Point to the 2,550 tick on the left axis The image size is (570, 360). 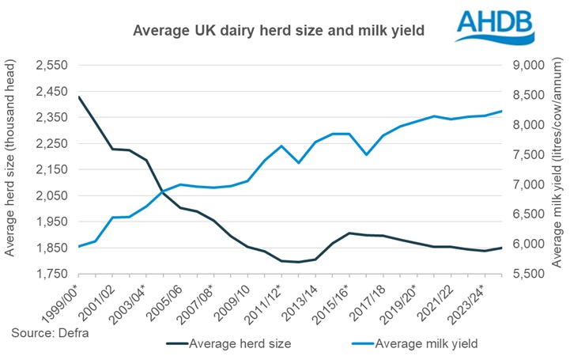51,65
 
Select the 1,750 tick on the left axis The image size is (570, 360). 51,275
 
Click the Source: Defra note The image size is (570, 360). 45,333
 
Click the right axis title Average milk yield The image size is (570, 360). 557,169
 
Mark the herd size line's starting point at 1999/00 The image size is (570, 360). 79,97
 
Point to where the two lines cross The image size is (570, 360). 162,191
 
